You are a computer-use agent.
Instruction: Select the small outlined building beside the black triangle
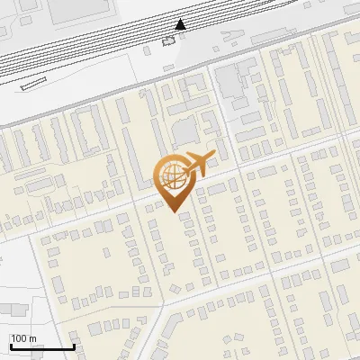click(168, 40)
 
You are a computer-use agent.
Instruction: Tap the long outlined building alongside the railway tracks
click(32, 84)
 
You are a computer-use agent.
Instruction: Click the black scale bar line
click(41, 346)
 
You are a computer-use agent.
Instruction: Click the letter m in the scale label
click(31, 339)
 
